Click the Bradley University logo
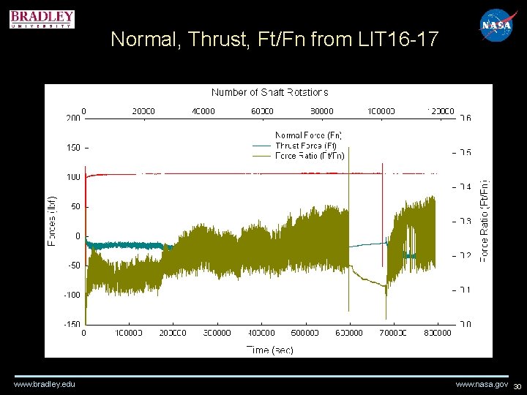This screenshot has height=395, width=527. (42, 18)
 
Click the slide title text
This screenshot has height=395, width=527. (274, 40)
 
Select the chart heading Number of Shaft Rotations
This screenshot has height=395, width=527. (269, 92)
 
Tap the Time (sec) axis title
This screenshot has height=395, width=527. (269, 350)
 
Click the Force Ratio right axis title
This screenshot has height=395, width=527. (484, 221)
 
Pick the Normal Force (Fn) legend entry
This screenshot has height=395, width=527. (308, 135)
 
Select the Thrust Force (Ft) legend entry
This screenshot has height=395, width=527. (305, 146)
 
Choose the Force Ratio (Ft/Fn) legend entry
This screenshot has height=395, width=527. (309, 155)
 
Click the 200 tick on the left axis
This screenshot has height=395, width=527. (73, 118)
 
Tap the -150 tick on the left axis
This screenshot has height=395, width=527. (71, 324)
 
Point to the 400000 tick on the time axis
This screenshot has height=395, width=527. (261, 333)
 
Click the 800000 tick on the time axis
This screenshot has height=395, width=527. (438, 333)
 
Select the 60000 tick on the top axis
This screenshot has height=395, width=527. (262, 111)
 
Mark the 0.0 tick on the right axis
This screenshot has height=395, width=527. (465, 324)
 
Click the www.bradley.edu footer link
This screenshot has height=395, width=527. (45, 384)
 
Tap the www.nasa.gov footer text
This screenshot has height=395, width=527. (482, 384)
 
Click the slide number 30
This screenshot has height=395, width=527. (517, 386)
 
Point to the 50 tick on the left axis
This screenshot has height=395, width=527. (75, 206)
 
